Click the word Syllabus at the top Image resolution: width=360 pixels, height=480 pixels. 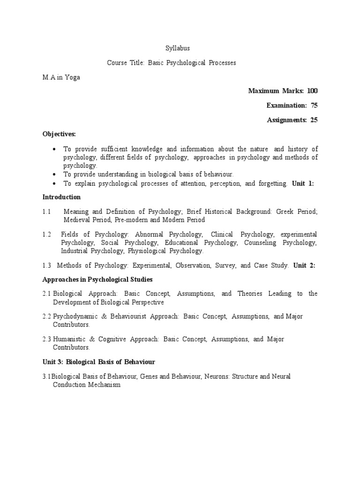178,48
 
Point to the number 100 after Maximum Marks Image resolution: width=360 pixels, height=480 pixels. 313,90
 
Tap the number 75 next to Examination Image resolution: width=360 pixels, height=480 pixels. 314,105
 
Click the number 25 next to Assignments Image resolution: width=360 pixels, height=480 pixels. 314,120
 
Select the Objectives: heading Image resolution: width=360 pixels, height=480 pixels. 59,134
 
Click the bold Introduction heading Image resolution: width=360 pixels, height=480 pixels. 61,197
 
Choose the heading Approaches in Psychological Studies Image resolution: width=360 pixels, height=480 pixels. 97,279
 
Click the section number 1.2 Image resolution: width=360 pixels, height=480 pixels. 46,234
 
